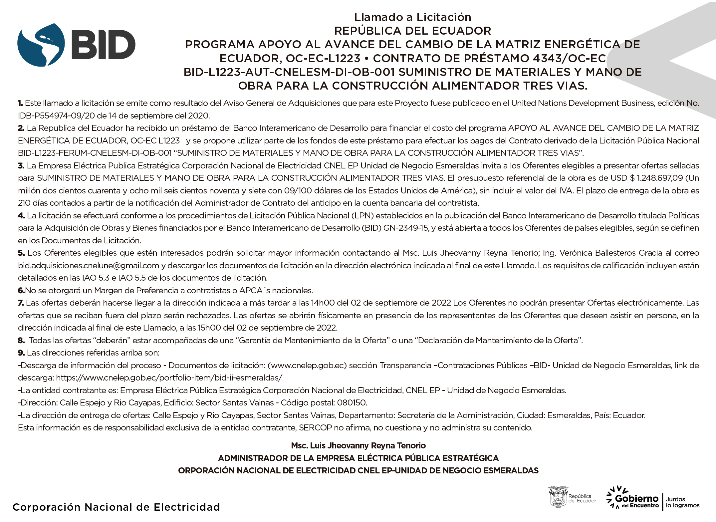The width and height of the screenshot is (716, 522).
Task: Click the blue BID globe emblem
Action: tap(41, 45)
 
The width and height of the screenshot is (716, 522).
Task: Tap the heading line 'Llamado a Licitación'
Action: tap(412, 17)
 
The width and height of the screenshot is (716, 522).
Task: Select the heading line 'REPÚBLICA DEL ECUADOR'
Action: tap(412, 31)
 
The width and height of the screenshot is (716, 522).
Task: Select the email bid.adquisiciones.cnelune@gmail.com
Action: tap(89, 266)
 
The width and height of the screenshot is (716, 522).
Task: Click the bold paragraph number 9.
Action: tap(21, 353)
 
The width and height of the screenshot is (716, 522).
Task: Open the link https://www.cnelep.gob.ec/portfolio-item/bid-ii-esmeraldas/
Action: tap(169, 378)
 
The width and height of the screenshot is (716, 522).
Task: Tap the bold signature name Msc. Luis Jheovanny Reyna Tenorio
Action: tap(358, 445)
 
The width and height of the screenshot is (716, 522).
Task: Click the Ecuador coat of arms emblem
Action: tap(558, 497)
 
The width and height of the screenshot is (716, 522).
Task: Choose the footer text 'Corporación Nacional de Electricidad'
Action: tap(116, 507)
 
